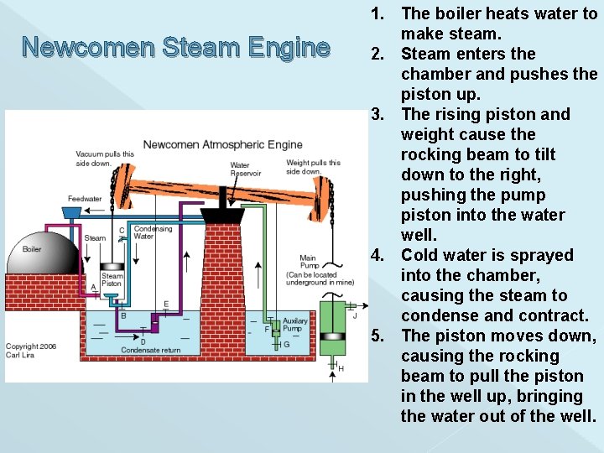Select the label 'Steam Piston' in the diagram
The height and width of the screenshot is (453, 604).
click(112, 280)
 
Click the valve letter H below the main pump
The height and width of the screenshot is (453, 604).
click(341, 368)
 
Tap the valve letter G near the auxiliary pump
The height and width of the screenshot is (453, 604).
click(286, 344)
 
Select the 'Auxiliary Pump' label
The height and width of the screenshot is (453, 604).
click(295, 325)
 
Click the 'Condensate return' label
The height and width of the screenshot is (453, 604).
click(150, 350)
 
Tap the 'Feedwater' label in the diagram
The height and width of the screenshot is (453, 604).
click(85, 199)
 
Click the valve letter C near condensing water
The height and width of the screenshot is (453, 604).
click(122, 230)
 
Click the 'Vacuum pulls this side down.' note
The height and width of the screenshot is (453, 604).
click(105, 159)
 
